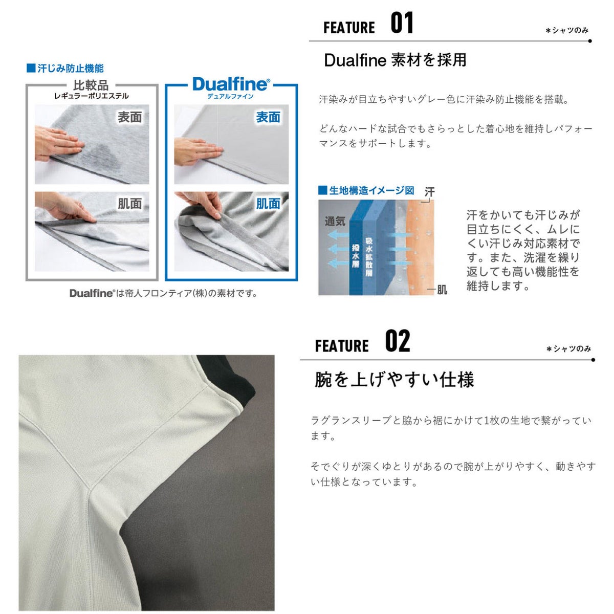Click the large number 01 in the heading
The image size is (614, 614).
tap(402, 23)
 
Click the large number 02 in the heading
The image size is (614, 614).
tap(398, 341)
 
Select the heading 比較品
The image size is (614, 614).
tap(91, 85)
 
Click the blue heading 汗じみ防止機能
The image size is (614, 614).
tap(65, 68)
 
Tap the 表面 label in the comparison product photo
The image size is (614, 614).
tap(129, 117)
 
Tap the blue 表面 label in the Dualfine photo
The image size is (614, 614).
tap(268, 117)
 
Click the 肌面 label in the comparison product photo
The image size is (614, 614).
tap(129, 204)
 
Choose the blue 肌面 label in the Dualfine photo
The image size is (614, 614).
tap(268, 204)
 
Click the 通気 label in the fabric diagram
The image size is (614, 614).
tap(335, 221)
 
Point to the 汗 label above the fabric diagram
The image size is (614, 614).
tap(429, 192)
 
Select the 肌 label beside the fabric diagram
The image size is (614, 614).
tap(442, 290)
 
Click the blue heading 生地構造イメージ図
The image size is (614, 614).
tap(366, 190)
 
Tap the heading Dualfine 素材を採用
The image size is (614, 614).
tap(395, 60)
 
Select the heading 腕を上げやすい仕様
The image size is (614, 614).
tap(394, 380)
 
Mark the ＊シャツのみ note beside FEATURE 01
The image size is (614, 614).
tap(567, 31)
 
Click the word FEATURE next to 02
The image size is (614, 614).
tap(342, 346)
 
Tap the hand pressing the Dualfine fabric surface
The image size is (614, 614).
tap(198, 151)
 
